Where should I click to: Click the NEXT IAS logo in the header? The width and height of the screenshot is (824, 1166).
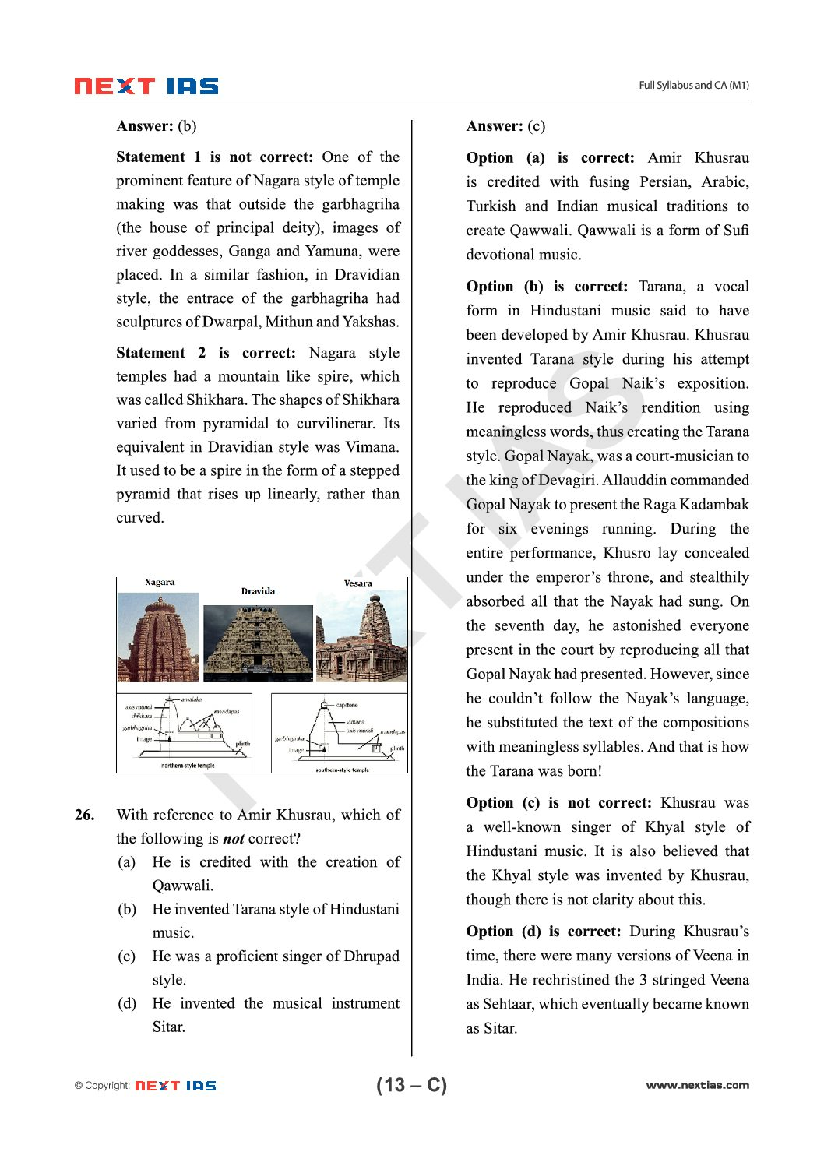146,86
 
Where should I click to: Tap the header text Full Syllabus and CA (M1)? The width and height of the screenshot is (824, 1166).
693,86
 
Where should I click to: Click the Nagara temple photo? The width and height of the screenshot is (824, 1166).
158,637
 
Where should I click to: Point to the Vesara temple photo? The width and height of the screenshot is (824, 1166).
361,637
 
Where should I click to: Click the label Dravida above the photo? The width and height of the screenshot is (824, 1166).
258,591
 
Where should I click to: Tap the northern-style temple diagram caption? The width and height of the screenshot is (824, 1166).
188,766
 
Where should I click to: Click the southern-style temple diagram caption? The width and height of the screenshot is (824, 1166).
342,770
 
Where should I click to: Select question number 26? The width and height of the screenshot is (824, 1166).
85,815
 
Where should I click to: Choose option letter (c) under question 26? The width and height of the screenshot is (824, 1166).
126,956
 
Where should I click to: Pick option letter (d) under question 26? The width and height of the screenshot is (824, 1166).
126,1003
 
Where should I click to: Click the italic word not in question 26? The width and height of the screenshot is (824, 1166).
234,839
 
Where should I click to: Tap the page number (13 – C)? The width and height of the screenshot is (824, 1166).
411,1085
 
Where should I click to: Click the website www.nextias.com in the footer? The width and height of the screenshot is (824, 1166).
697,1085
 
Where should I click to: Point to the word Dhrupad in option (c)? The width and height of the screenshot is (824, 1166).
372,956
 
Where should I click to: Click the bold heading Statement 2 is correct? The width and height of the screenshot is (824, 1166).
206,353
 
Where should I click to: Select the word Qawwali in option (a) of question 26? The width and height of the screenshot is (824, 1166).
182,886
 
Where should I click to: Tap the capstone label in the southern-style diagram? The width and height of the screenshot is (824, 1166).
347,705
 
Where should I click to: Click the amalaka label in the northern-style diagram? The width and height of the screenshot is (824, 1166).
191,699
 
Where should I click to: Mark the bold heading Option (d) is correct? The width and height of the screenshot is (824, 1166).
543,932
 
